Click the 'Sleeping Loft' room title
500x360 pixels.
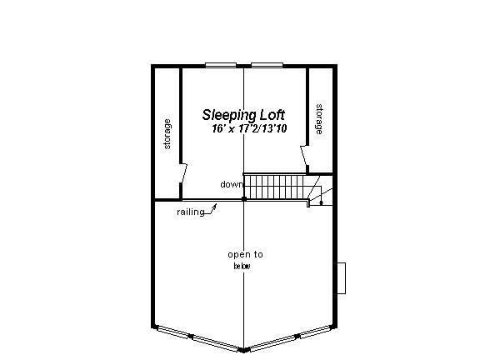click(x=243, y=115)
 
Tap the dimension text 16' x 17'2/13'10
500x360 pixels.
click(x=249, y=128)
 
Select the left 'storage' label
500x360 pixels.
click(x=167, y=134)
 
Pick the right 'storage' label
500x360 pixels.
click(x=318, y=119)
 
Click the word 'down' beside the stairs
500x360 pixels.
click(x=232, y=184)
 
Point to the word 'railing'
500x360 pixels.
click(x=191, y=212)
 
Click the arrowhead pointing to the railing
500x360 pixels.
click(x=215, y=206)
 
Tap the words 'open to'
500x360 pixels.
click(x=245, y=254)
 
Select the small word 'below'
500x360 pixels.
click(x=242, y=266)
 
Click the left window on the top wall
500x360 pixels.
click(x=221, y=65)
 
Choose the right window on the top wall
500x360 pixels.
click(x=267, y=65)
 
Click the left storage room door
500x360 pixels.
click(x=183, y=173)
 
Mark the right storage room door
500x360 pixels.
click(x=304, y=156)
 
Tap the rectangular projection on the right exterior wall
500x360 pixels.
click(x=342, y=278)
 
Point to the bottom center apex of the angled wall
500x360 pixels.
click(x=244, y=351)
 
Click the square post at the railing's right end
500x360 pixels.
click(x=244, y=199)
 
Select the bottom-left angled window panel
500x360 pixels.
click(x=197, y=338)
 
